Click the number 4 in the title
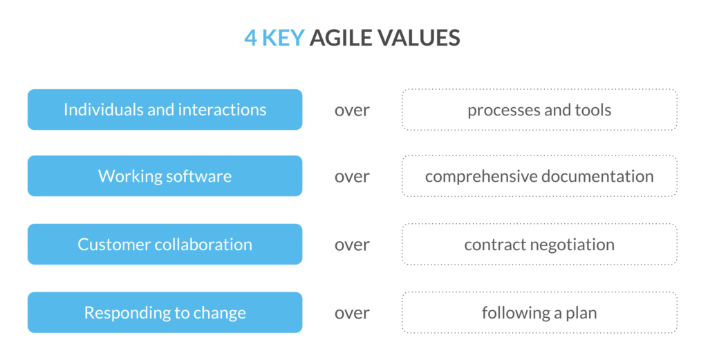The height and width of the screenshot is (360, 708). tap(251, 38)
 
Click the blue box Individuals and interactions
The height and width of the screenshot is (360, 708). tap(165, 109)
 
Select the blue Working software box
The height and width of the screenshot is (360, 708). tap(165, 176)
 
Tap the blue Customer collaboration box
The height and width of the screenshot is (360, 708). tap(165, 245)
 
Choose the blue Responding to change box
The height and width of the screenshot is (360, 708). tap(165, 312)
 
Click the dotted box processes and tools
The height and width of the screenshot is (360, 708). tap(539, 109)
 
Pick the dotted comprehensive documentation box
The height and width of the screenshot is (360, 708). tap(539, 176)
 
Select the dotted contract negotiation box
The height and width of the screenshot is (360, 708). tap(539, 245)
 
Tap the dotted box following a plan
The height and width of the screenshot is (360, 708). tap(539, 312)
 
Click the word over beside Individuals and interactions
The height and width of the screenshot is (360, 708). tap(352, 110)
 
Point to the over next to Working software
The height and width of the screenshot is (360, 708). tap(352, 177)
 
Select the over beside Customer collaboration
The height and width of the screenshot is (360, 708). tap(352, 245)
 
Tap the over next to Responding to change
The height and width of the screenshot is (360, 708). tap(352, 313)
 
